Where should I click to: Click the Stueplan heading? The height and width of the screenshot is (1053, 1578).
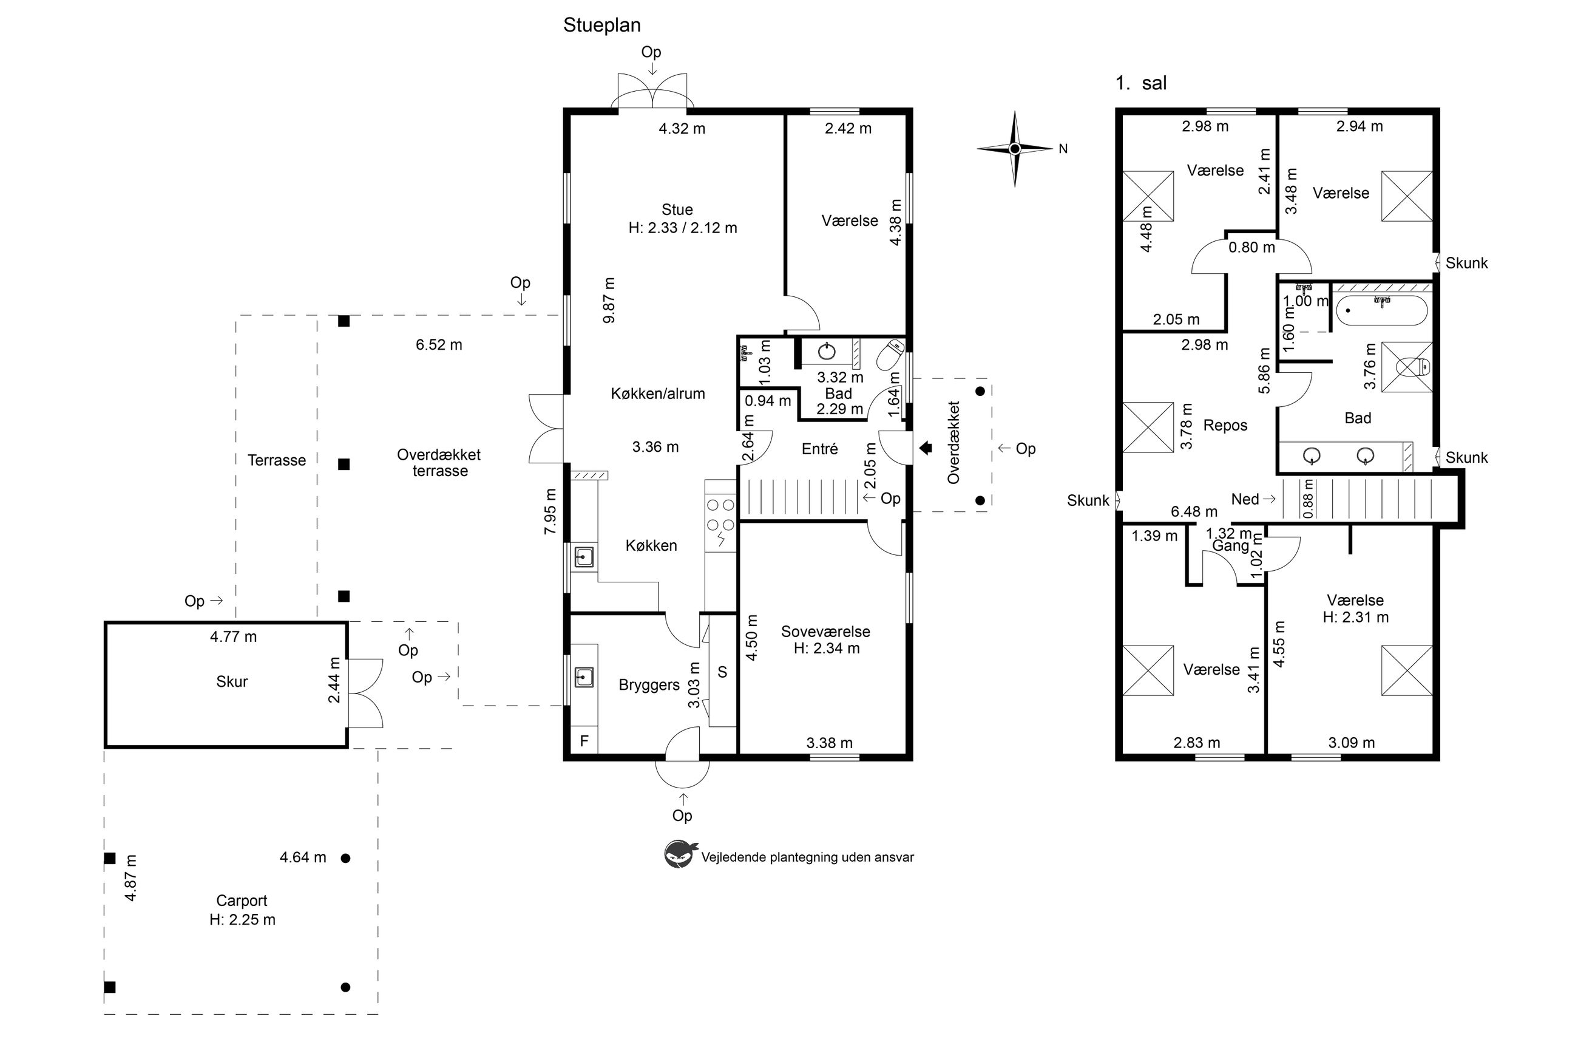coord(601,26)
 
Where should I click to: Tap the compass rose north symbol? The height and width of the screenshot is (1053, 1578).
coord(1015,148)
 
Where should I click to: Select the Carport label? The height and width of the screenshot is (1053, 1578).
coord(242,901)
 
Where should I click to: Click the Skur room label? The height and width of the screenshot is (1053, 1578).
coord(232,681)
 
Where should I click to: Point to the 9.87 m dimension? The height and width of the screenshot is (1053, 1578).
coord(609,300)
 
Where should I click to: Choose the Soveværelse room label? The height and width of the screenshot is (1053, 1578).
coord(825,632)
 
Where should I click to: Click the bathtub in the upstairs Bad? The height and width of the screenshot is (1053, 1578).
coord(1381,310)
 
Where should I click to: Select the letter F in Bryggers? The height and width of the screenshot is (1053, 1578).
coord(584,741)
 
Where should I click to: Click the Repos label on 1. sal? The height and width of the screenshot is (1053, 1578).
coord(1225,425)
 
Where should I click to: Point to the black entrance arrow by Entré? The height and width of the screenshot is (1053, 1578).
coord(926,448)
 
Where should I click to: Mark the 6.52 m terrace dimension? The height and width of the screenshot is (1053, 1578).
coord(439,344)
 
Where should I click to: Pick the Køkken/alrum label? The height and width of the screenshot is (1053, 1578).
coord(658,394)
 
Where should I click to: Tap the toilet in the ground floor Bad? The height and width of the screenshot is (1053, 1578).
coord(891,355)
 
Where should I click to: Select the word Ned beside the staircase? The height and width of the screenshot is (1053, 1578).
coord(1244,499)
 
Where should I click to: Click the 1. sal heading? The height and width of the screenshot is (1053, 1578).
coord(1141,83)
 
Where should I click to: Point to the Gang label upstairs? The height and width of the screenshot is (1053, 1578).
coord(1230,546)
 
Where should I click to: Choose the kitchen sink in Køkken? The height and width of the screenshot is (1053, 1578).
coord(584,557)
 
